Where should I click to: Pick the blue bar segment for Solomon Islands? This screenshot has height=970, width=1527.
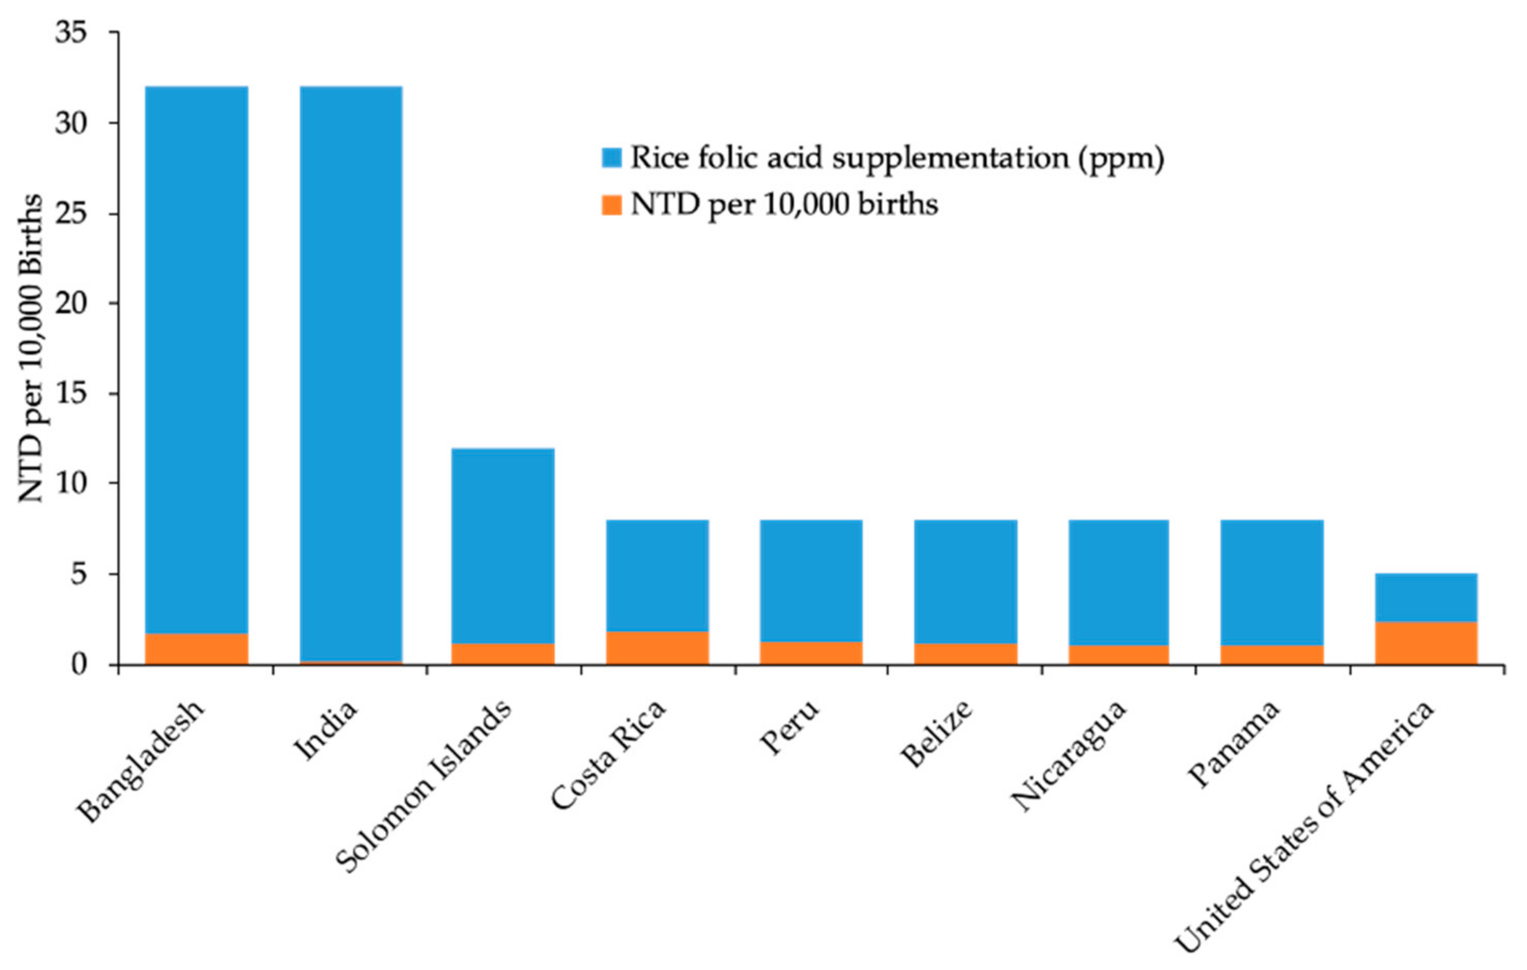click(x=503, y=546)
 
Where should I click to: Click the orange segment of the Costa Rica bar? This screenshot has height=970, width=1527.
click(x=657, y=648)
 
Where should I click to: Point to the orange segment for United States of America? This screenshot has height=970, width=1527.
click(x=1426, y=643)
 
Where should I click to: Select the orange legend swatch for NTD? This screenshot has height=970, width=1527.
click(x=611, y=204)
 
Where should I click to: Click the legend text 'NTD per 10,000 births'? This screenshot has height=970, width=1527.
click(x=784, y=204)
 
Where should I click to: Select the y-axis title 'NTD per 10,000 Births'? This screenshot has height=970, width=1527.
click(x=31, y=349)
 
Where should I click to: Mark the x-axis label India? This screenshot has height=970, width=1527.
click(x=326, y=730)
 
